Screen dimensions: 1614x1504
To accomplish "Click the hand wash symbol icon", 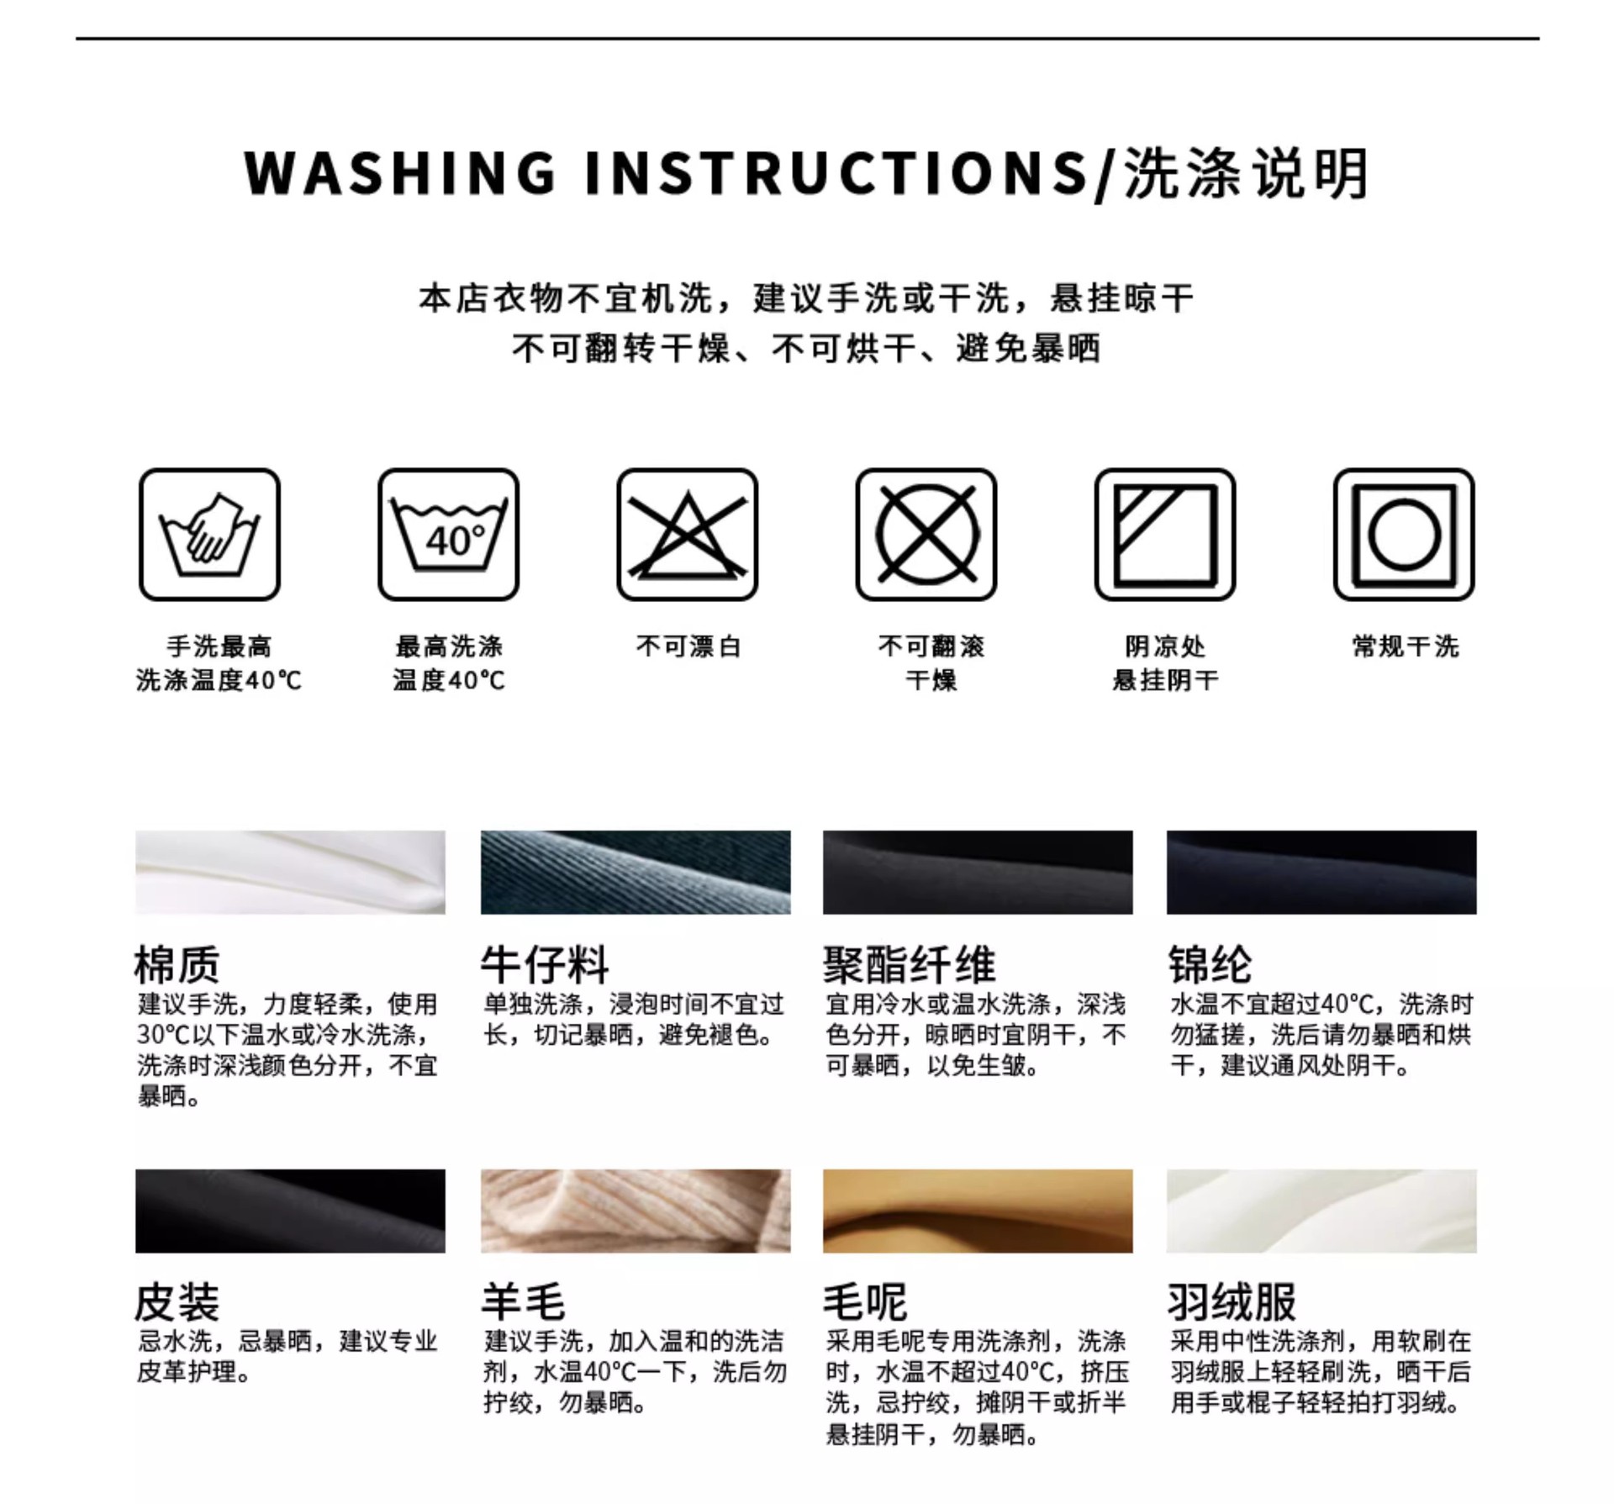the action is click(209, 535).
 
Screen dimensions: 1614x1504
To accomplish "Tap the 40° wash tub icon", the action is click(448, 535).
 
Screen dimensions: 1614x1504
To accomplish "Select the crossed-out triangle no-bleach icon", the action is click(687, 535).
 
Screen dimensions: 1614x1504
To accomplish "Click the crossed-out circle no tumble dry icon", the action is click(926, 535).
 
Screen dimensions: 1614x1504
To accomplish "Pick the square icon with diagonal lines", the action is click(1165, 535).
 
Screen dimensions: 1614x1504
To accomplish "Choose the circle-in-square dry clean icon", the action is click(1404, 535).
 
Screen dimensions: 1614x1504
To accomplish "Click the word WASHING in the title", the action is click(400, 173).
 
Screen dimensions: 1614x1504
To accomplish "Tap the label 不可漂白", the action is click(688, 646).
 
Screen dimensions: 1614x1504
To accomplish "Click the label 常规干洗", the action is click(1405, 646).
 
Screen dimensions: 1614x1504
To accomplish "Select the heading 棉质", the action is click(177, 964).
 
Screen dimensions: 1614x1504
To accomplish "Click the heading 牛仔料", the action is click(545, 964).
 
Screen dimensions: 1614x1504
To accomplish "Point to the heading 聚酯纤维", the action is click(910, 964).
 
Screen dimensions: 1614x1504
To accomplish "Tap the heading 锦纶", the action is click(1210, 964).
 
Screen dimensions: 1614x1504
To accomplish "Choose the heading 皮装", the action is click(177, 1302).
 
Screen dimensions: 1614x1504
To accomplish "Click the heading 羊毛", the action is click(523, 1302).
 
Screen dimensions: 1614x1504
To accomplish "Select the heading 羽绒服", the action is click(1232, 1302).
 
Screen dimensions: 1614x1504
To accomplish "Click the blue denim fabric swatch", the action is click(636, 872).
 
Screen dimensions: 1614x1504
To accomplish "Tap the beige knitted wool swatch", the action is click(636, 1211).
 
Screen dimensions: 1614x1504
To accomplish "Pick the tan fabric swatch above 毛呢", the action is click(978, 1211).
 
